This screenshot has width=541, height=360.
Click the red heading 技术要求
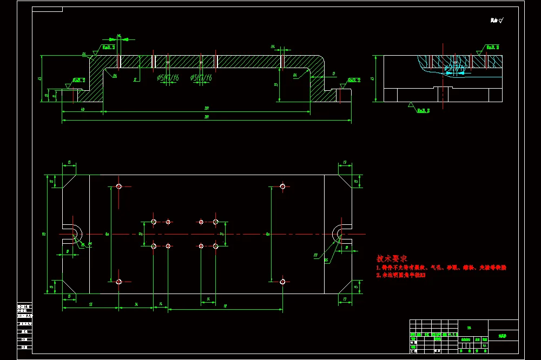point(391,259)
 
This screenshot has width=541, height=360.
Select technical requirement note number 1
point(441,268)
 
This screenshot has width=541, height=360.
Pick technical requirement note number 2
point(401,275)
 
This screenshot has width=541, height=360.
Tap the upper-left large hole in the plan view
point(119,186)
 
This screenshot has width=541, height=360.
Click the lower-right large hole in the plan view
point(282,282)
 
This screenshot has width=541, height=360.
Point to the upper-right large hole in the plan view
point(282,186)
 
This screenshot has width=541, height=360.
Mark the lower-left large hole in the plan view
point(119,282)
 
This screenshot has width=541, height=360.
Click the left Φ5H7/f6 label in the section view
point(168,78)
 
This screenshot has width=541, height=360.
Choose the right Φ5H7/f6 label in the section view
point(201,78)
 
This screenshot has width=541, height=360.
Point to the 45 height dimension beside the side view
point(372,78)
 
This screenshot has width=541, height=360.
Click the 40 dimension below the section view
point(82,110)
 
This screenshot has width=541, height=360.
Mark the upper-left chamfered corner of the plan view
point(68,181)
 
